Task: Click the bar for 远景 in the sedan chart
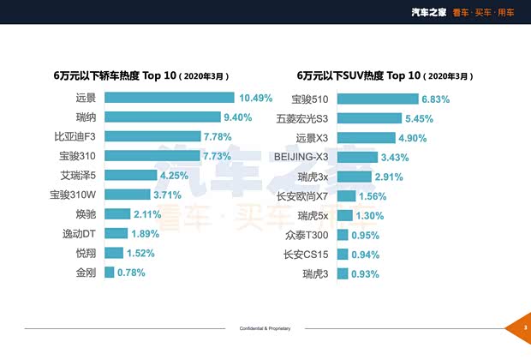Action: tap(169, 98)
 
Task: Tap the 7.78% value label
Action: tap(220, 137)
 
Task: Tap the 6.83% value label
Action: tap(439, 99)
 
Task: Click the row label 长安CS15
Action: tap(306, 254)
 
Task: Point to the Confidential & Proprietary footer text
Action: tap(265, 328)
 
